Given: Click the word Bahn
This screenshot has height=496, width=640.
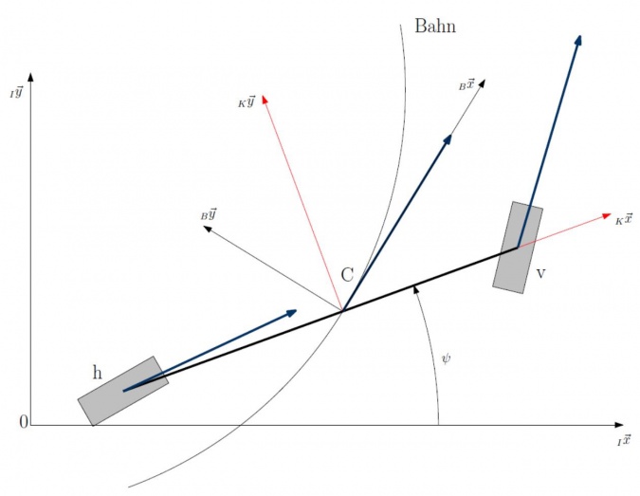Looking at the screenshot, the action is coord(435,27).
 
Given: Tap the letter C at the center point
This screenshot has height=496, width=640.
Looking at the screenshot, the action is coord(347,275).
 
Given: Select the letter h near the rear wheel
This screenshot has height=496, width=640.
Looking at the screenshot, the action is coord(97,373).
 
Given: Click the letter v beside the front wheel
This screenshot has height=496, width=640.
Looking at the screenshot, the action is coord(540,274).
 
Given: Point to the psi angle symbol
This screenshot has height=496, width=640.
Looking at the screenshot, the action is coord(447,358).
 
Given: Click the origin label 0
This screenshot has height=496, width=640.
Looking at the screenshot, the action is coord(24,422).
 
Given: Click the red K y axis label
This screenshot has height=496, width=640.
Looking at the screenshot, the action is coord(247,101).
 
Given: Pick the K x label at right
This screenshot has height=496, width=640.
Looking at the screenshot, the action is coord(624,219).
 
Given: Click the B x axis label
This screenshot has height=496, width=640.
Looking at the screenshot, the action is coord(466,85).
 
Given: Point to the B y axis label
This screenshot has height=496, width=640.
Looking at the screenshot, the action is coord(209,214).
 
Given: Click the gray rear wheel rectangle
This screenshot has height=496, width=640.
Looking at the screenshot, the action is coord(123,391).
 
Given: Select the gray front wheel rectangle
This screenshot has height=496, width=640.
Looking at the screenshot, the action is coord(518,247).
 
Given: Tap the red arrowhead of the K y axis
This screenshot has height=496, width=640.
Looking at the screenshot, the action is coord(265,100).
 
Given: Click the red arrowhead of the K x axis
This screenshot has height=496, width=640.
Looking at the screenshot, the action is coord(607,215).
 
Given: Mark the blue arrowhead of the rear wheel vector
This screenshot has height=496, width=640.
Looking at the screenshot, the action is coord(291,313).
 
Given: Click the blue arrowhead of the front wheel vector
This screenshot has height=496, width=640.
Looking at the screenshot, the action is coord(578,41).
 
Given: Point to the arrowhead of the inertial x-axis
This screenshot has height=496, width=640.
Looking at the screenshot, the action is coord(619,425).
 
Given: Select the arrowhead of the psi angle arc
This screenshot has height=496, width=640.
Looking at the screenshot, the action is coord(416,290).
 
